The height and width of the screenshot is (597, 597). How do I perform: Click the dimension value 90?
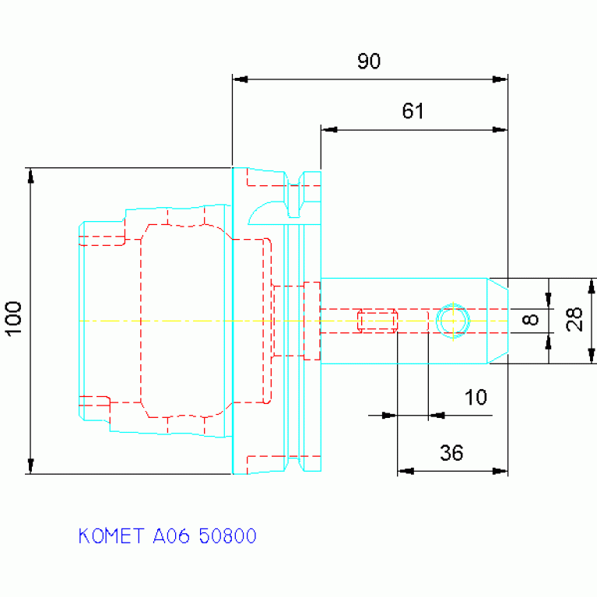[x=369, y=61]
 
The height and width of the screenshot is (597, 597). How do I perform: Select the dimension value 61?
[x=413, y=111]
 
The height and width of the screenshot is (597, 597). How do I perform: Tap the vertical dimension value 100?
[x=14, y=318]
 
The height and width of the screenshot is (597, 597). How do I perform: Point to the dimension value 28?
[x=574, y=319]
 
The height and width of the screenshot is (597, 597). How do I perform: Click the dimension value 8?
[x=531, y=319]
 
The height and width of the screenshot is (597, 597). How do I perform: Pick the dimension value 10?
[x=476, y=397]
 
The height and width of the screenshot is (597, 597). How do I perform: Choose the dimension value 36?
[x=451, y=453]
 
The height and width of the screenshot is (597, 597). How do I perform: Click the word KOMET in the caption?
[x=111, y=536]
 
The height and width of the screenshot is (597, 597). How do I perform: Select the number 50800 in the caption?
[x=228, y=536]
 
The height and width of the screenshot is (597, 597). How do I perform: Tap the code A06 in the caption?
[x=171, y=536]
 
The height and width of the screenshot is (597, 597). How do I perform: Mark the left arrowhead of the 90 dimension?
[x=241, y=79]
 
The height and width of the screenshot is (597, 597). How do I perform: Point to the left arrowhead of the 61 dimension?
[x=329, y=130]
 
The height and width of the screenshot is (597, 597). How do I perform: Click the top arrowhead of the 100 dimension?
[x=31, y=176]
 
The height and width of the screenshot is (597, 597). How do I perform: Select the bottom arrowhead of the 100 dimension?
[x=31, y=466]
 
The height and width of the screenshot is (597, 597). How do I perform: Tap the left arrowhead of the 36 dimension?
[x=406, y=471]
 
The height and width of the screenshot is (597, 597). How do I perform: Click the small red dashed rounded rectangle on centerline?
[x=378, y=321]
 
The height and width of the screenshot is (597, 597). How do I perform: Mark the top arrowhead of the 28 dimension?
[x=592, y=286]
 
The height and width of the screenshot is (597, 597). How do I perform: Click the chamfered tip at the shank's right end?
[x=497, y=321]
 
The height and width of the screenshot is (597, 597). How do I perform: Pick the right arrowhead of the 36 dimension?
[x=500, y=471]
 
